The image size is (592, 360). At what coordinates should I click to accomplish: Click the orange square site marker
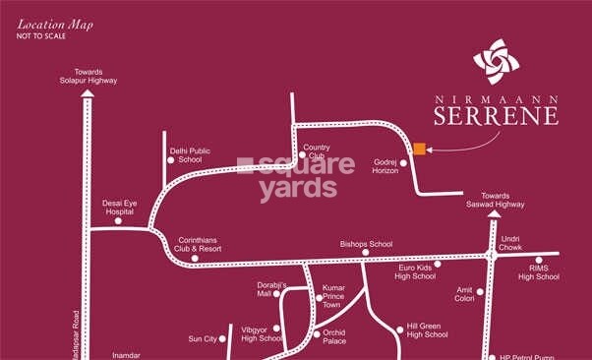point(419,150)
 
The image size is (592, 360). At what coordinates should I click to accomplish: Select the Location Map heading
point(54,24)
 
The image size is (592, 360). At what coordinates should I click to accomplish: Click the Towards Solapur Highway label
point(88,76)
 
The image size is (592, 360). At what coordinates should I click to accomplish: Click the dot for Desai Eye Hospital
point(118,220)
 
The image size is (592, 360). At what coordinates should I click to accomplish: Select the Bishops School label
point(366,243)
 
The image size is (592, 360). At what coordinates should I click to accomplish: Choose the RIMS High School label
point(538,272)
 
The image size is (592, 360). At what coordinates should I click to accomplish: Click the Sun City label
point(202,338)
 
